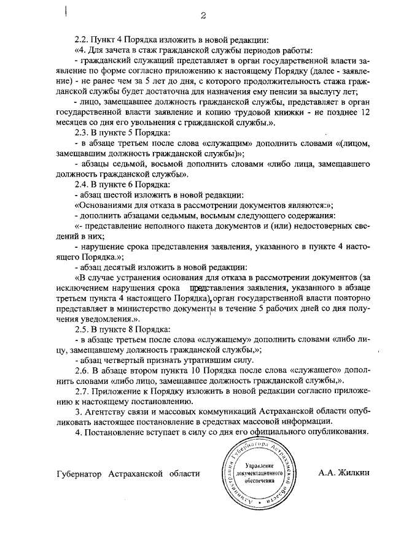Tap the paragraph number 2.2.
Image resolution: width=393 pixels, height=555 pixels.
click(x=82, y=40)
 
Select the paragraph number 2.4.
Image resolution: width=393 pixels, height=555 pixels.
click(x=82, y=183)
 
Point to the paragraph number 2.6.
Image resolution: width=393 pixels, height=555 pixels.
click(x=82, y=371)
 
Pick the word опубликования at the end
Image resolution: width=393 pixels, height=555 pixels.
click(x=338, y=432)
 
